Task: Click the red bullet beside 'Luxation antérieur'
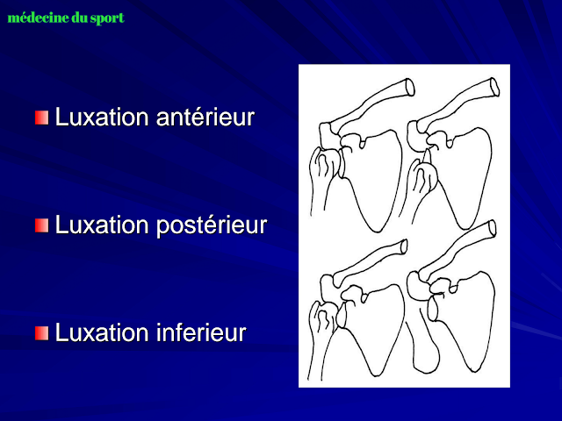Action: (x=42, y=118)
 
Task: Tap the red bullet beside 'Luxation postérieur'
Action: (x=42, y=226)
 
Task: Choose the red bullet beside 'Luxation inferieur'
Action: (x=42, y=334)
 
